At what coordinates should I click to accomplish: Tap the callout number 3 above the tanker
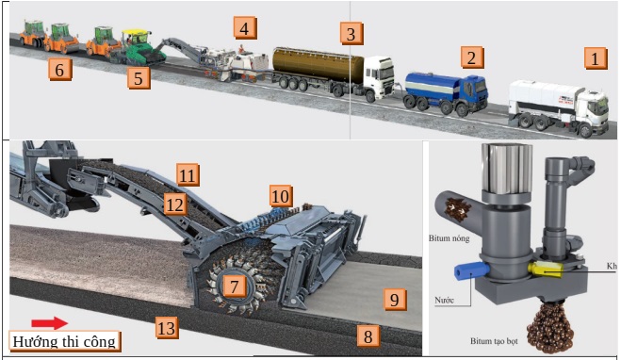coord(351,35)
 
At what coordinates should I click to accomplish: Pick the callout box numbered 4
coord(244,27)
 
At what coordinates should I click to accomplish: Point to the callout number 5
coord(139,77)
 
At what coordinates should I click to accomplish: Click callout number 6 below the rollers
coord(60,69)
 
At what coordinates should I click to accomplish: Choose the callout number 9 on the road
coord(395,301)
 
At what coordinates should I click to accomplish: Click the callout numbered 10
coord(280,196)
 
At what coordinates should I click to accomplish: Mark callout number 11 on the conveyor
coord(188,174)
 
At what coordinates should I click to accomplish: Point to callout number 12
coord(172,204)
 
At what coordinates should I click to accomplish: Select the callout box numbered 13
coord(167,328)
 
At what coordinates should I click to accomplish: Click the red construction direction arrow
coord(49,323)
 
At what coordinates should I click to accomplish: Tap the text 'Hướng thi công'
coord(65,341)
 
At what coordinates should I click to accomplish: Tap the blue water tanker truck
coord(446,91)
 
